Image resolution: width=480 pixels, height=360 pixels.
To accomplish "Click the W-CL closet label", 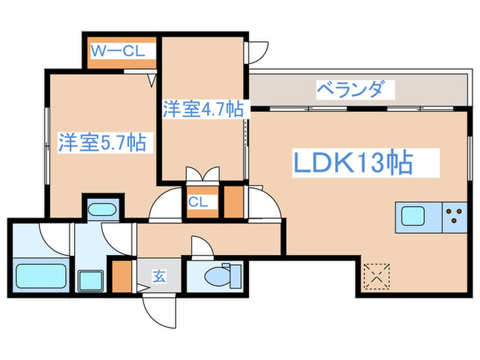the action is click(118, 51).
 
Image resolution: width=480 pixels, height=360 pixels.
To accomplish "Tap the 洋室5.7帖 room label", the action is click(103, 143).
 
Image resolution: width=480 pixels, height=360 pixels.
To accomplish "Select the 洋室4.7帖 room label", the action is click(203, 109).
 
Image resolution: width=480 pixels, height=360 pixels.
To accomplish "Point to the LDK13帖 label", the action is click(353, 163).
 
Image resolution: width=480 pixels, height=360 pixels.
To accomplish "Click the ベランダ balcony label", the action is click(350, 89).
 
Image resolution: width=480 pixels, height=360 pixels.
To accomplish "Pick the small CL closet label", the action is click(198, 202).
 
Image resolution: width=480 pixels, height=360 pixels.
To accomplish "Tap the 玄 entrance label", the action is click(160, 276).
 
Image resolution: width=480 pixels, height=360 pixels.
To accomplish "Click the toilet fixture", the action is click(223, 276).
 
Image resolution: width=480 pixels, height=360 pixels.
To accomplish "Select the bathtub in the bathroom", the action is click(41, 276).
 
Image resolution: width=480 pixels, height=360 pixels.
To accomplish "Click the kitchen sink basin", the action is click(413, 216).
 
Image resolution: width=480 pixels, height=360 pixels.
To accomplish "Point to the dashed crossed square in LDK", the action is click(377, 276).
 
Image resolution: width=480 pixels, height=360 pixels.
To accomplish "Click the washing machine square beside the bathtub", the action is click(91, 281).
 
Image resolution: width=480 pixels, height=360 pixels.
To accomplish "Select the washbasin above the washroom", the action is click(102, 210).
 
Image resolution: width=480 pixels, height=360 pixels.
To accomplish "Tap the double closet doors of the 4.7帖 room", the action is click(203, 174).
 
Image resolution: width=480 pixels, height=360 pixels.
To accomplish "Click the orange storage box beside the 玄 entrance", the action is click(121, 276).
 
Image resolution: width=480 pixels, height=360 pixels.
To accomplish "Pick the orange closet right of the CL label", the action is click(234, 202).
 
